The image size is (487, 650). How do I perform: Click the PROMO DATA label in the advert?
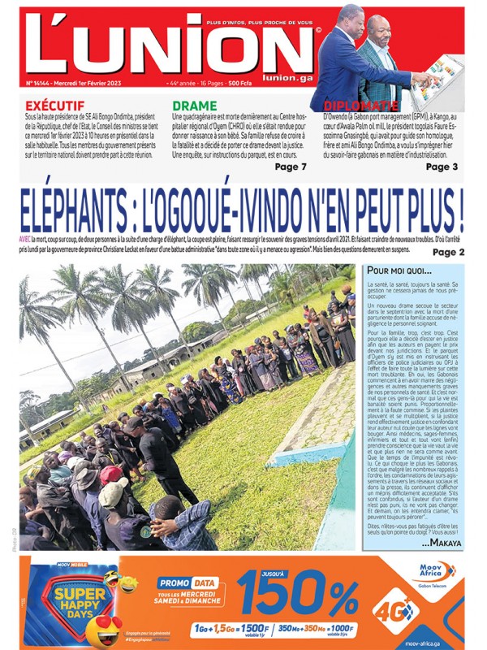[187, 583]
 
